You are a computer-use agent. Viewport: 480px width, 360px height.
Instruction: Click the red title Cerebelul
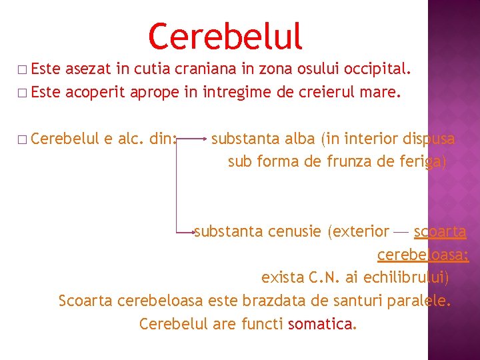225,37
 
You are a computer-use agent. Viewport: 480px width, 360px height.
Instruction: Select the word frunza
351,162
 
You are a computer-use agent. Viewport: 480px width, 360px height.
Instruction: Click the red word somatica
321,324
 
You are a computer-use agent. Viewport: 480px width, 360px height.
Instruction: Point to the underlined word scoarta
440,232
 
